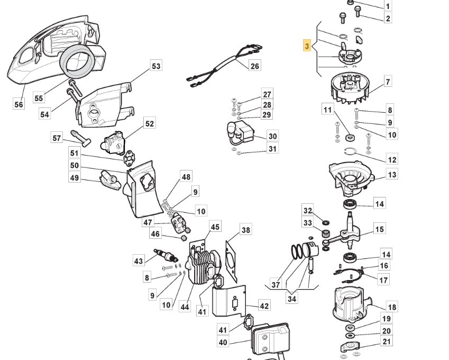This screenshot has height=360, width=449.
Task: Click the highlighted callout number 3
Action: (x=307, y=46)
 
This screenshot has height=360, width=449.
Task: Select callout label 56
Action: (x=19, y=104)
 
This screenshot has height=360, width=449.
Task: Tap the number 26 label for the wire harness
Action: (x=255, y=66)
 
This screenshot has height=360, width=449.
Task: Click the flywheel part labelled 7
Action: (x=349, y=87)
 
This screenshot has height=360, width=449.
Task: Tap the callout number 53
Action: (x=156, y=66)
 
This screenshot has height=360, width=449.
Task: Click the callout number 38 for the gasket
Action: (x=246, y=230)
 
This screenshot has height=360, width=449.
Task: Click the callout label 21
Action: (x=387, y=342)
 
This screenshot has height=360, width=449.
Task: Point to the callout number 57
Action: (x=57, y=138)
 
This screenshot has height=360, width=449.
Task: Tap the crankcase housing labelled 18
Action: (x=349, y=307)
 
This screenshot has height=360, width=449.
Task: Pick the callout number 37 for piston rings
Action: (x=276, y=285)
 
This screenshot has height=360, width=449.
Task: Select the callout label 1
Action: (x=388, y=6)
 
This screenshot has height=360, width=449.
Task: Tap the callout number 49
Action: (x=75, y=178)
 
